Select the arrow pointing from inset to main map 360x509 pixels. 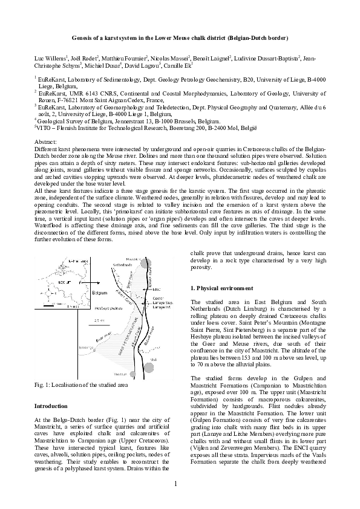91,282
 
